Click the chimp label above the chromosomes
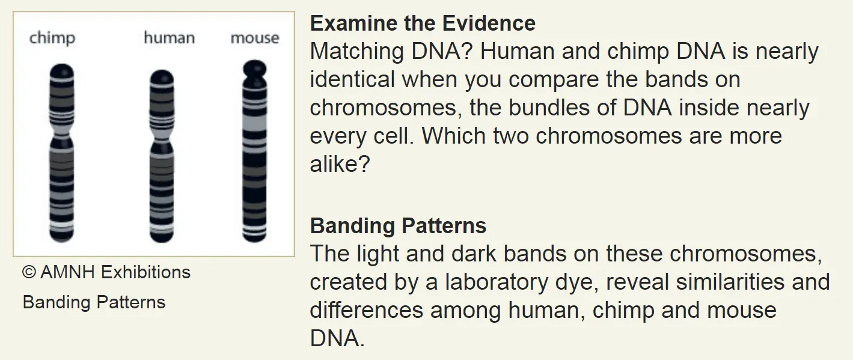(x=52, y=38)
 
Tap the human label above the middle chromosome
(x=170, y=38)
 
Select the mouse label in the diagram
(x=255, y=38)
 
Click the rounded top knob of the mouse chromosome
(x=255, y=69)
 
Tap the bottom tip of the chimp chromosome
(x=62, y=241)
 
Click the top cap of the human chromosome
(x=162, y=78)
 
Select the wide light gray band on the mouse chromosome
(x=255, y=123)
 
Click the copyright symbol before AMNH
(x=29, y=272)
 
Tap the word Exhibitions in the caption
(x=146, y=272)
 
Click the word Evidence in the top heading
(x=489, y=23)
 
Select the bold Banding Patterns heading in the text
(x=399, y=225)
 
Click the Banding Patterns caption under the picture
(x=94, y=302)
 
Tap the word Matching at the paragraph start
(x=357, y=51)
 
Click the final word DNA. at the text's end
(x=337, y=338)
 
